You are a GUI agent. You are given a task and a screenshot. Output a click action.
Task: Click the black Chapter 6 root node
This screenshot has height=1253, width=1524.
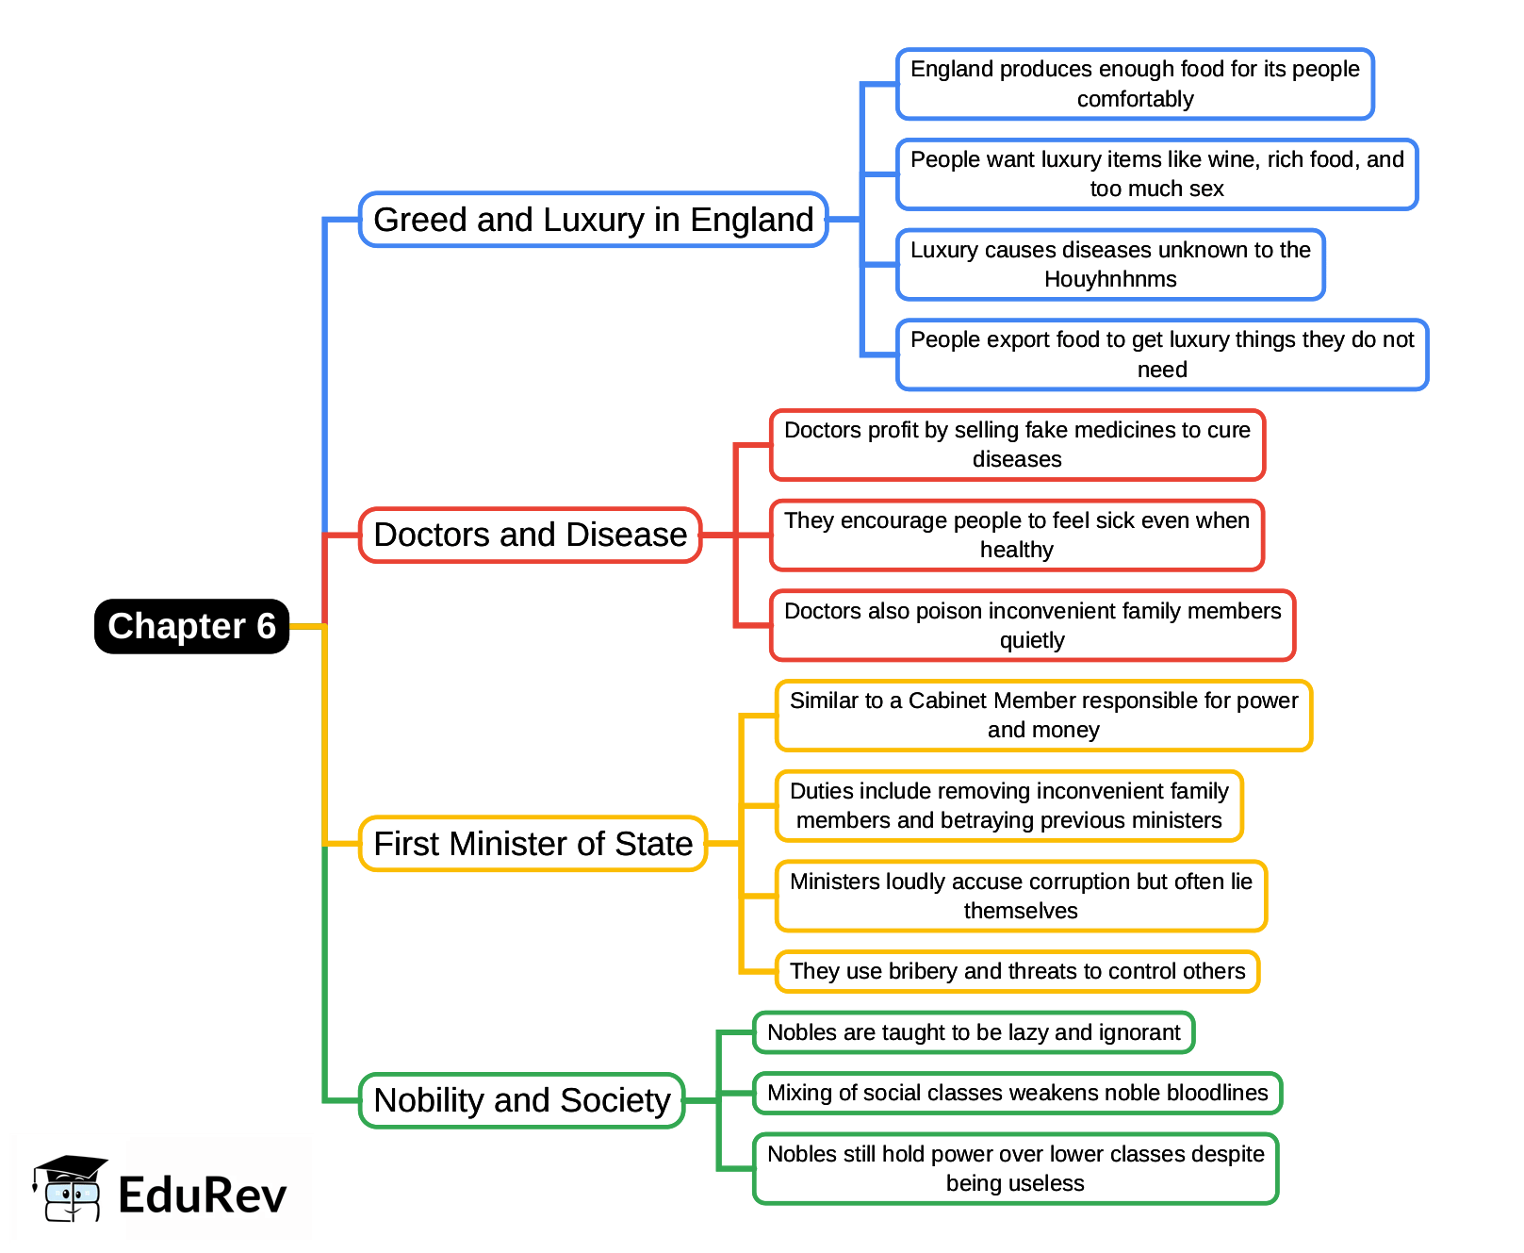[191, 626]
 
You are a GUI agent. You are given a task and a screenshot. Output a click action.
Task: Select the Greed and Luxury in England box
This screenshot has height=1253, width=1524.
[593, 220]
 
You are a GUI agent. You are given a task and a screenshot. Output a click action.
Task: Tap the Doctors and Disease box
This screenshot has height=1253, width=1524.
[530, 535]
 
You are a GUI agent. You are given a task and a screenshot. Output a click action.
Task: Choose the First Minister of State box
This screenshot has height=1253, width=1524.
[533, 843]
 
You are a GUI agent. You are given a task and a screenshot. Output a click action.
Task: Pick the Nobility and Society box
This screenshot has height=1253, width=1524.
[521, 1100]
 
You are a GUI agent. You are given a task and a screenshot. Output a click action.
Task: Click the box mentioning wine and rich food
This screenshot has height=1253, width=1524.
[1156, 174]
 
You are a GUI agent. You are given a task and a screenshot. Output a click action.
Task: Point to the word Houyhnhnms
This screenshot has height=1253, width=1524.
[1110, 280]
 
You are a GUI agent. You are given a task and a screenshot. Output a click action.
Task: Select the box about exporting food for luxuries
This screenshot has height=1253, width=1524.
[1161, 354]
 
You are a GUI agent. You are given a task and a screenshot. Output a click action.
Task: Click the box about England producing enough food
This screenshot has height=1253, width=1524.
[1135, 84]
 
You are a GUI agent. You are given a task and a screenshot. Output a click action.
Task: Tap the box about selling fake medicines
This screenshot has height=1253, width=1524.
[1017, 445]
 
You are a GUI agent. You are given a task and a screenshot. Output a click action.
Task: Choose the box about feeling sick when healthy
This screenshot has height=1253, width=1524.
[1016, 536]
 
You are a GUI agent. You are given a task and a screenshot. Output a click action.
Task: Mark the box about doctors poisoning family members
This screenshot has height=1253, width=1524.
[1032, 625]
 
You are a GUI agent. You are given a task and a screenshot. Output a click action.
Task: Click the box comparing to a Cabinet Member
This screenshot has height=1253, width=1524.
[1043, 716]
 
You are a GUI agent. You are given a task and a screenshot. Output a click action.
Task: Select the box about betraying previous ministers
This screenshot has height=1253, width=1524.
[1008, 806]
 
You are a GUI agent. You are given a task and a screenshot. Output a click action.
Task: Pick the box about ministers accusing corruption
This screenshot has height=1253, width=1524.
[1021, 896]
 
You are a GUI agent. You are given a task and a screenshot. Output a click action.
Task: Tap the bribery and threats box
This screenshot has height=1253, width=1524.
[1017, 971]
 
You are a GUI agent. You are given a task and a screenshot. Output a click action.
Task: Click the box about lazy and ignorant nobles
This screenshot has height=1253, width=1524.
[974, 1032]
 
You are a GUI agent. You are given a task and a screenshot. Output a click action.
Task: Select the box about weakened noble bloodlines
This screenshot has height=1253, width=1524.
[1017, 1093]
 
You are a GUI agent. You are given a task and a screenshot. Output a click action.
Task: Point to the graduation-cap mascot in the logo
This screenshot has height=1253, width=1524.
[70, 1189]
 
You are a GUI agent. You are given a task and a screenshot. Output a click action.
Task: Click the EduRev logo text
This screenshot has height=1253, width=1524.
[202, 1195]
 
